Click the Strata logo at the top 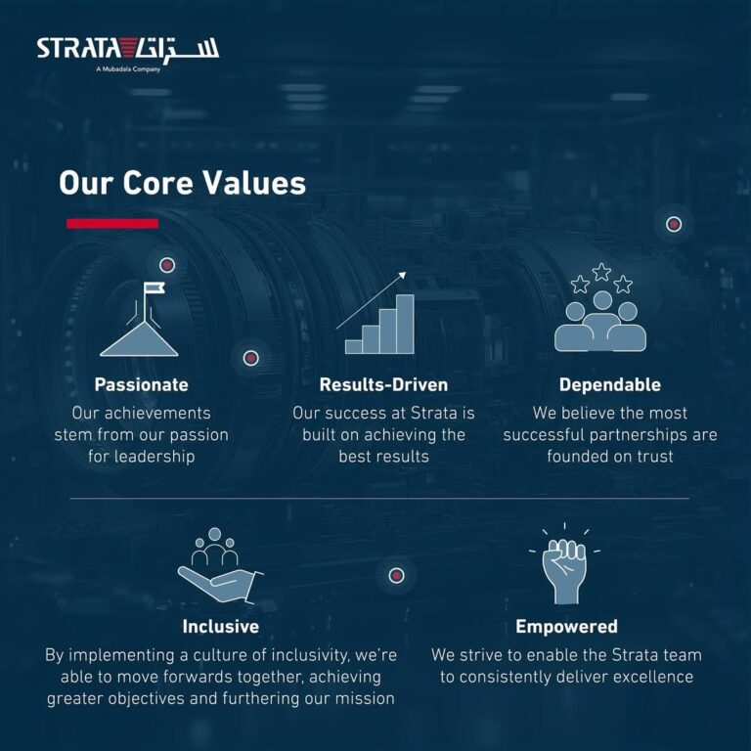(x=128, y=50)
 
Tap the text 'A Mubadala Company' (x=128, y=69)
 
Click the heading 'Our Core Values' (x=182, y=183)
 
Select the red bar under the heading (x=112, y=223)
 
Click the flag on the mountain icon (x=155, y=287)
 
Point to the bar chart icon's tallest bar (x=405, y=324)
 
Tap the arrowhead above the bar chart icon (x=402, y=276)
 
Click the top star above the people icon (x=601, y=272)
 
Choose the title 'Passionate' (x=141, y=384)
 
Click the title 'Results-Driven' (x=383, y=384)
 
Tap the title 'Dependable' (x=610, y=384)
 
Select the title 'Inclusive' (x=220, y=627)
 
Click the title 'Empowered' (x=566, y=627)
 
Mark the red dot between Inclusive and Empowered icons (x=396, y=575)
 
